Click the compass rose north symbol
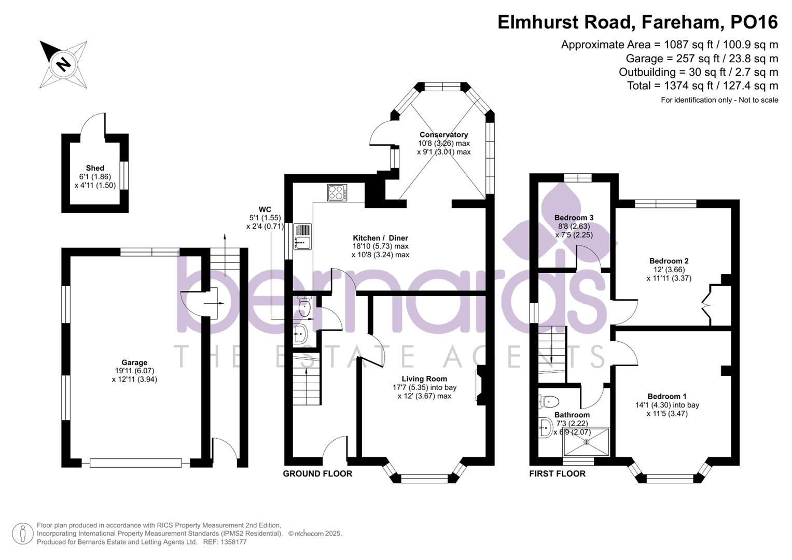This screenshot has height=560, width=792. [x=63, y=64]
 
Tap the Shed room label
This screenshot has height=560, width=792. [x=95, y=168]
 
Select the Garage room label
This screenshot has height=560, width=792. [x=134, y=362]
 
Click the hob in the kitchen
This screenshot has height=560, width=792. [x=337, y=193]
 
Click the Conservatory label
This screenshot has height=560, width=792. [x=443, y=135]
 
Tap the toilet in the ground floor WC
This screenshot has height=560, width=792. [x=304, y=307]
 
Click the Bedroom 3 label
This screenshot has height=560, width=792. [x=574, y=218]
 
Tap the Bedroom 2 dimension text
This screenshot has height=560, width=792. [x=669, y=274]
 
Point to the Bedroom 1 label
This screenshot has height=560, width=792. [x=667, y=396]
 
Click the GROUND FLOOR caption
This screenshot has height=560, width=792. [x=317, y=473]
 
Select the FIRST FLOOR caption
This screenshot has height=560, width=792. [x=557, y=473]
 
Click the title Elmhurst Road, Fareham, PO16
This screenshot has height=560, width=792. [x=637, y=22]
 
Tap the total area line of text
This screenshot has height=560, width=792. [x=702, y=86]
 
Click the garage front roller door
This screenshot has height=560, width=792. [x=135, y=463]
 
